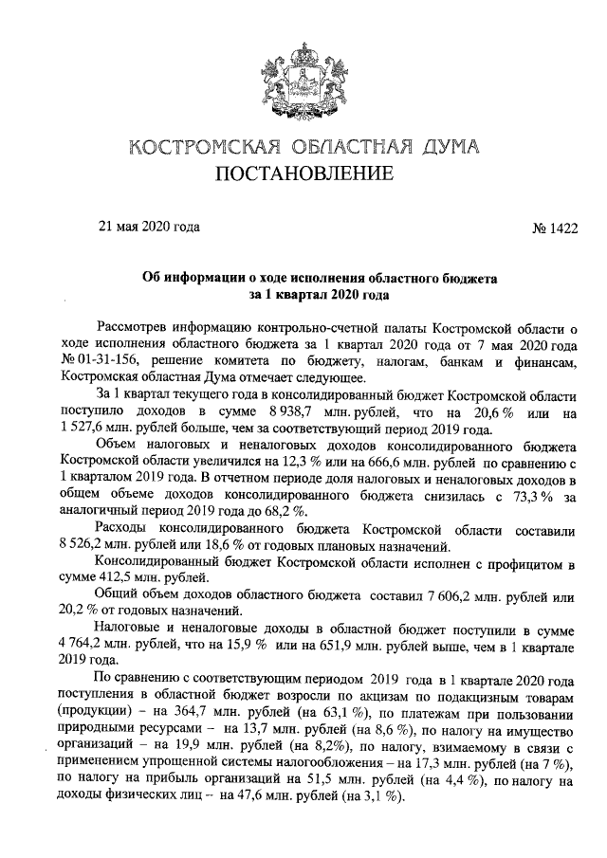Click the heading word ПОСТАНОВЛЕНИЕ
coord(303,174)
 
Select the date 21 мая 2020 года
coord(150,227)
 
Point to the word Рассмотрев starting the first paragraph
coord(133,328)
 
